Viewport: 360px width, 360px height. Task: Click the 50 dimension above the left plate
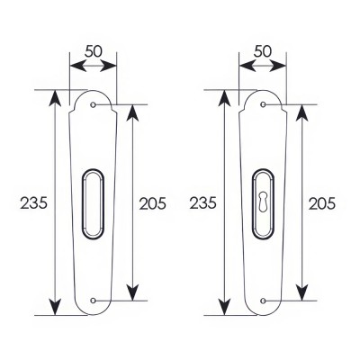[x=94, y=51]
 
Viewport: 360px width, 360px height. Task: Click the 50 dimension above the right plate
[x=263, y=51]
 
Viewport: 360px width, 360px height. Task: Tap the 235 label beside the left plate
[x=34, y=203]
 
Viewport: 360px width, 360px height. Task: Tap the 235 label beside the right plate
[x=202, y=203]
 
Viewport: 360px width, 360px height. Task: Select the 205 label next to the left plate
[x=153, y=204]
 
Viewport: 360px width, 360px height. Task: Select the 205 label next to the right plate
[x=322, y=204]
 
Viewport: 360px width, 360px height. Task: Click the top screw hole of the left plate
[x=93, y=104]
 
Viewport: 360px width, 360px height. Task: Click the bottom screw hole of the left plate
[x=93, y=301]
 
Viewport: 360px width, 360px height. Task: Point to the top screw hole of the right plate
[x=263, y=104]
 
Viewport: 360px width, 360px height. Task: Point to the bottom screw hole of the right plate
[x=263, y=301]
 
